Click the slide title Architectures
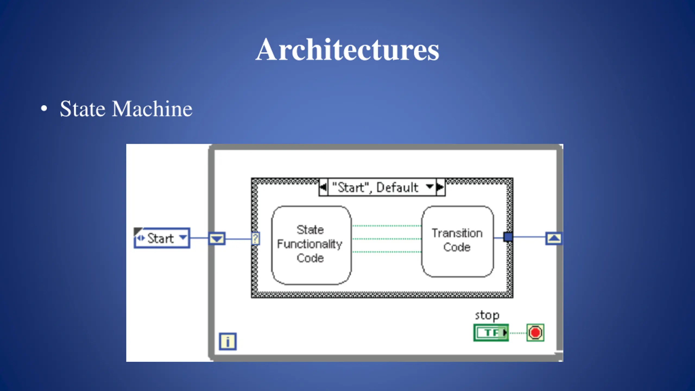click(x=347, y=49)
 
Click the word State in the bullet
click(x=83, y=109)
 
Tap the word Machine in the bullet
click(x=152, y=109)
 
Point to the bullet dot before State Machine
click(x=44, y=109)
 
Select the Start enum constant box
click(x=162, y=238)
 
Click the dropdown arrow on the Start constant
click(x=183, y=237)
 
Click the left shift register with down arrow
click(x=217, y=239)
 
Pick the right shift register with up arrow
click(x=554, y=238)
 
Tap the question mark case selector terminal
click(x=255, y=239)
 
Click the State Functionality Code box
click(x=311, y=245)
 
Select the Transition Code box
click(x=457, y=241)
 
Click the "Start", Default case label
click(x=375, y=187)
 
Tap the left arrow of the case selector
click(x=323, y=187)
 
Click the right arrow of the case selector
click(x=440, y=187)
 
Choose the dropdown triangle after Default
click(x=429, y=187)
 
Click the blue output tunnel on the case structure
click(x=508, y=237)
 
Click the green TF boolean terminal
click(x=491, y=333)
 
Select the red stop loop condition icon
click(x=535, y=333)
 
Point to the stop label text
click(x=487, y=316)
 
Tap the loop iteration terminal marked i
click(x=228, y=341)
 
